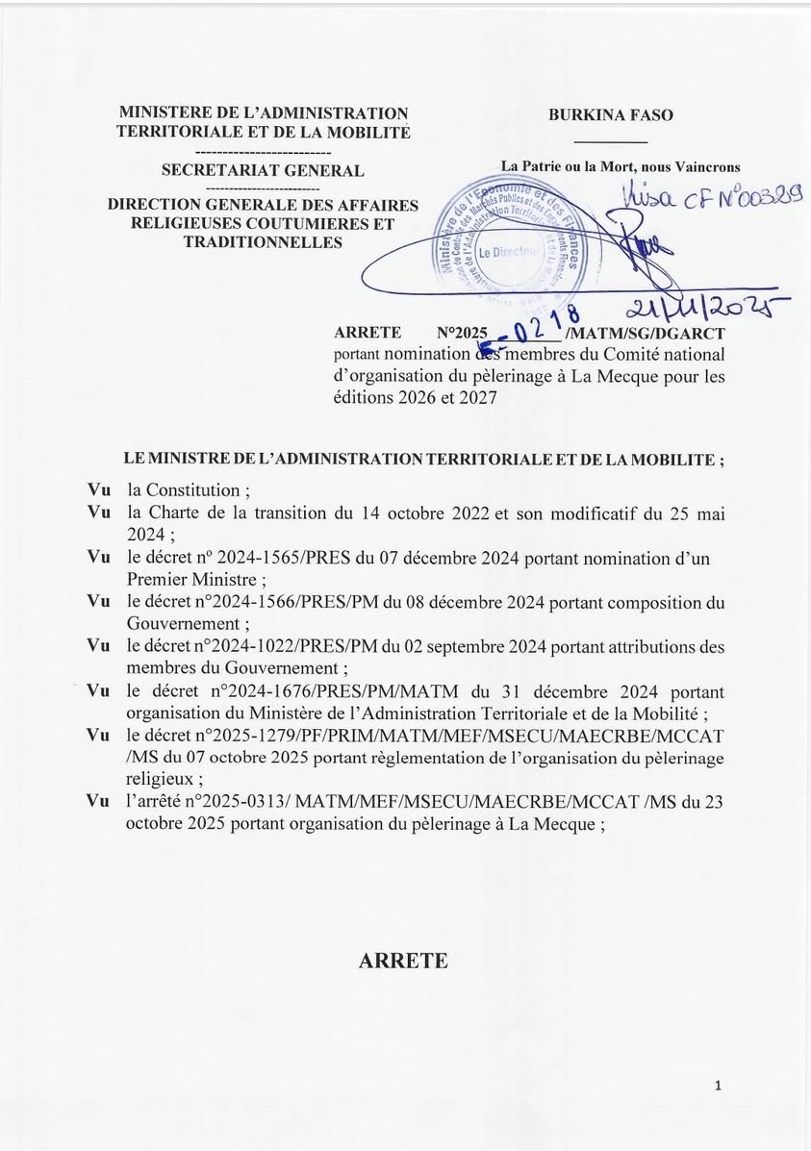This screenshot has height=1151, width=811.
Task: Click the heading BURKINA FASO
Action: pos(611,114)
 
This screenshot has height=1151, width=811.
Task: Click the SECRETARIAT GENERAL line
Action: pos(263,171)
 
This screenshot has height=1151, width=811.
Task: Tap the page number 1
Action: pos(719,1086)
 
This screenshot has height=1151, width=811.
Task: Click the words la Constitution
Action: pos(188,489)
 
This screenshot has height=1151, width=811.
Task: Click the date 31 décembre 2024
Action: pos(597,692)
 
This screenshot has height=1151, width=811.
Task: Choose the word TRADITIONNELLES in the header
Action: pos(263,243)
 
